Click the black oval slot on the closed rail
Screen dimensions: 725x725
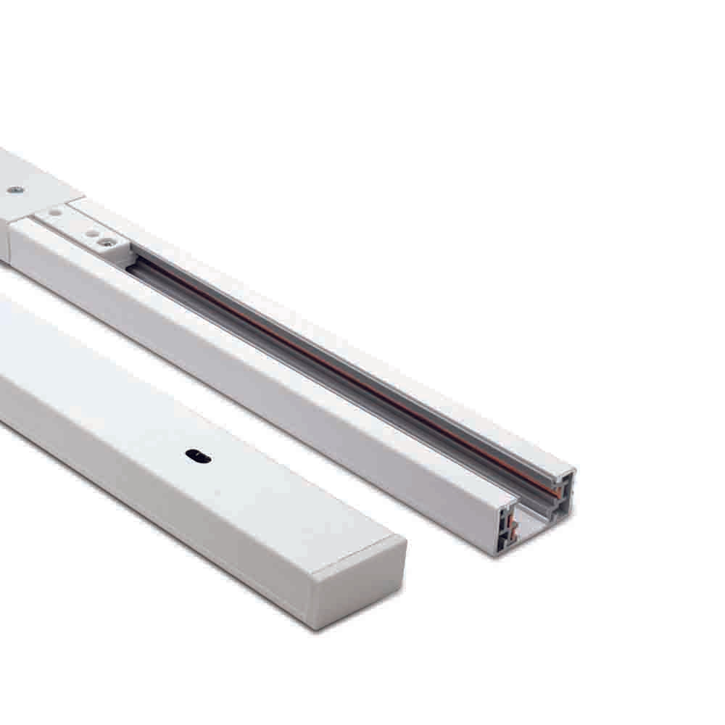(198, 456)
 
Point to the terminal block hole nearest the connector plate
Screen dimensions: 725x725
(54, 212)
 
